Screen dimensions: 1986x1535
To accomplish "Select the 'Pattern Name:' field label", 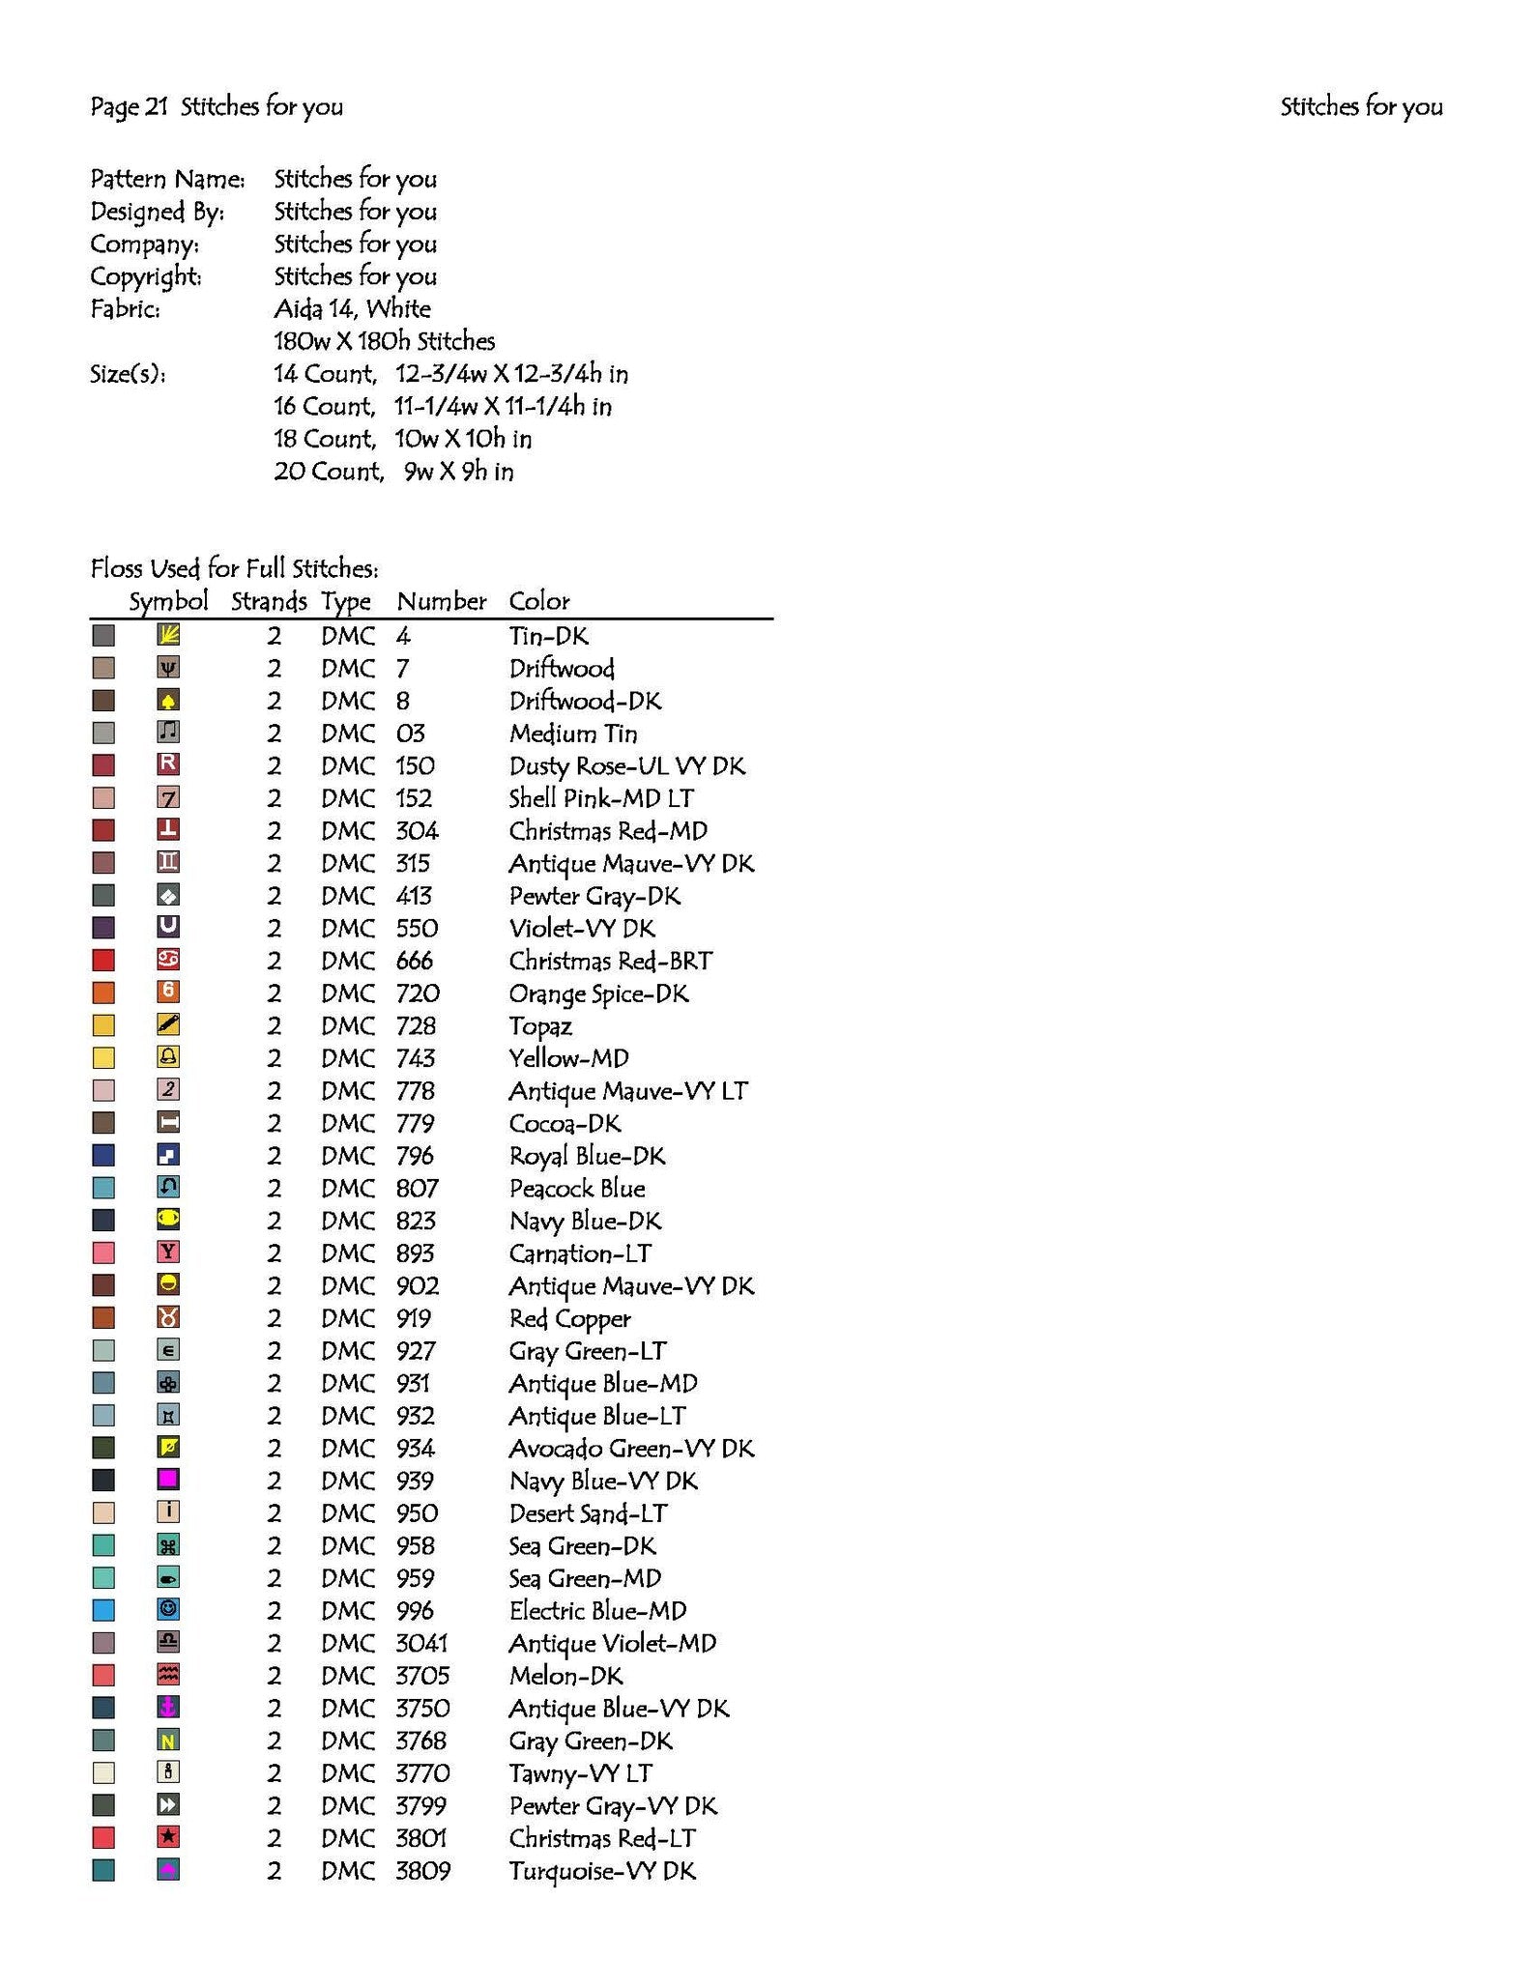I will pyautogui.click(x=167, y=179).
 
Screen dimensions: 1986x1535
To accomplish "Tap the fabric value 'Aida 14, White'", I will pyautogui.click(x=352, y=309).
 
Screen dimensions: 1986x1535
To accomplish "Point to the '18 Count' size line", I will pyautogui.click(x=402, y=439).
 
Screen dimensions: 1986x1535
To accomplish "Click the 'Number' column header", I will pyautogui.click(x=441, y=601).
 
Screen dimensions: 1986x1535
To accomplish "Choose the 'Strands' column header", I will pyautogui.click(x=268, y=601).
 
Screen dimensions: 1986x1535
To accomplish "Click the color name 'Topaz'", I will pyautogui.click(x=540, y=1026).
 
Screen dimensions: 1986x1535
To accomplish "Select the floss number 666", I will pyautogui.click(x=414, y=961).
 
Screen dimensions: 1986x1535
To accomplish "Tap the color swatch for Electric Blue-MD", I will pyautogui.click(x=103, y=1610).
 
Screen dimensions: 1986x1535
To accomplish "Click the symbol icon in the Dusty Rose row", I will pyautogui.click(x=168, y=764).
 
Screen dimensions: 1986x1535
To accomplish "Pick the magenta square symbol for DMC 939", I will pyautogui.click(x=168, y=1480).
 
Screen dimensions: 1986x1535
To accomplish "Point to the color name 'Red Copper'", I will pyautogui.click(x=569, y=1318).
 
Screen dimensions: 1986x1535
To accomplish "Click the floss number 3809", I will pyautogui.click(x=422, y=1870).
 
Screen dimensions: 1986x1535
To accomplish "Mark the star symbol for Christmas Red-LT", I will pyautogui.click(x=168, y=1836).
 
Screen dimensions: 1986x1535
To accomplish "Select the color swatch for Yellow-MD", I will pyautogui.click(x=103, y=1058).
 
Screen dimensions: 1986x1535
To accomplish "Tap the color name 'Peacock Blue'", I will pyautogui.click(x=577, y=1189).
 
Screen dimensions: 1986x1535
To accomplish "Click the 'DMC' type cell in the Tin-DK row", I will pyautogui.click(x=347, y=636).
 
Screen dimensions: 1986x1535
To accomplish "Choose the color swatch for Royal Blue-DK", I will pyautogui.click(x=103, y=1155).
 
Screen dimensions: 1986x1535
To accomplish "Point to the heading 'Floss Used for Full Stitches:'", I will pyautogui.click(x=234, y=568).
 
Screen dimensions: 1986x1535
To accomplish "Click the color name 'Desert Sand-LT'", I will pyautogui.click(x=588, y=1513).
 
